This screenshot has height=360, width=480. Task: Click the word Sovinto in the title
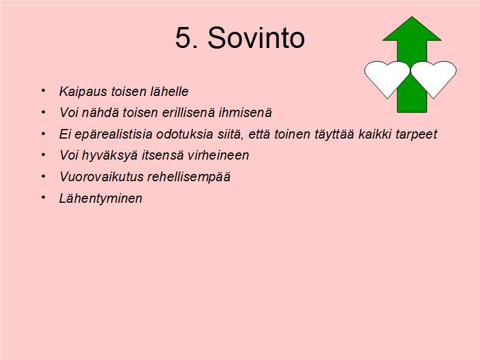256,38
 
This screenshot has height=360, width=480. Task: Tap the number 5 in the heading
182,38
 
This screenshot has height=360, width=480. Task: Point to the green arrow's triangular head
412,31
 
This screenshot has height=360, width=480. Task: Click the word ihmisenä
245,112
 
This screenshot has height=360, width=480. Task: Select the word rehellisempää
189,177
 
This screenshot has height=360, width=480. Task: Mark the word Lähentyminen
101,199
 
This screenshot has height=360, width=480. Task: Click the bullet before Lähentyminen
43,198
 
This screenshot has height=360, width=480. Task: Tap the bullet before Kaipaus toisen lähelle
43,91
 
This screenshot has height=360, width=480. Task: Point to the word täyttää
334,134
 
